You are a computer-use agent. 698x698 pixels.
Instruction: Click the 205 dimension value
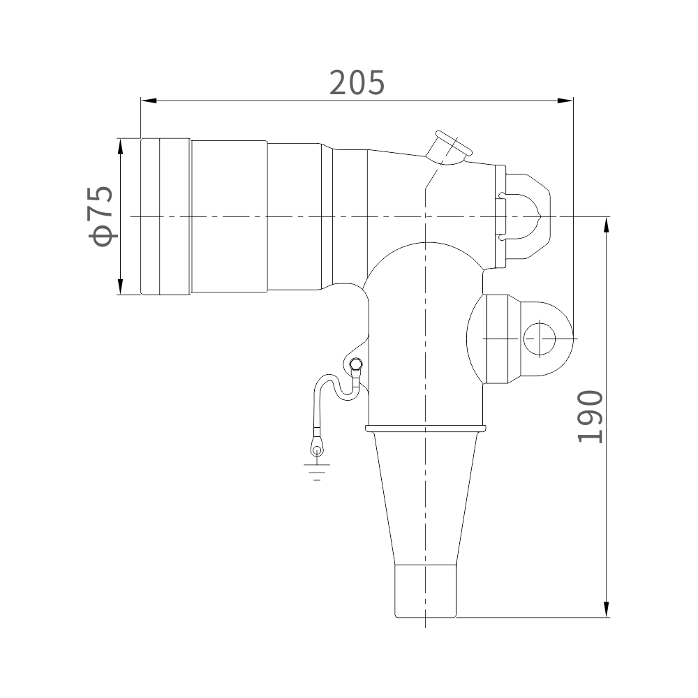(357, 83)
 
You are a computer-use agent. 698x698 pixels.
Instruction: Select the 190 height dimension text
(591, 417)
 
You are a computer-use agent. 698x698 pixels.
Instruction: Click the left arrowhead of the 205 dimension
(149, 101)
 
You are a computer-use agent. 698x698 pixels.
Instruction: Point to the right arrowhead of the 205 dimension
(565, 101)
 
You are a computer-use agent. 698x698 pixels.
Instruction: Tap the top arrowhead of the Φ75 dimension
(120, 147)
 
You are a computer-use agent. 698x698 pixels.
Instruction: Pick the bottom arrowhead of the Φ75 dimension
(120, 287)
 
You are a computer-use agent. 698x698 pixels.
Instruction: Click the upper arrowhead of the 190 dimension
(607, 225)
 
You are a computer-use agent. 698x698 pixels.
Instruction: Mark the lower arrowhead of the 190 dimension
(607, 609)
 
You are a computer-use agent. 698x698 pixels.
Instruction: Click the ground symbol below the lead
(317, 473)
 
